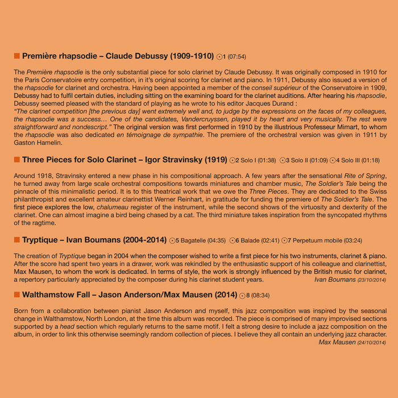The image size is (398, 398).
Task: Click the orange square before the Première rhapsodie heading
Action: (16, 56)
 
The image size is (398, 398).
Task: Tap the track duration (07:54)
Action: (237, 57)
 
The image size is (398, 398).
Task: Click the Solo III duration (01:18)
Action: (371, 161)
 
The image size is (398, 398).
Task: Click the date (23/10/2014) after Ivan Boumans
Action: (372, 280)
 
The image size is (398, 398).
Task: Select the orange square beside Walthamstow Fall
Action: (16, 295)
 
